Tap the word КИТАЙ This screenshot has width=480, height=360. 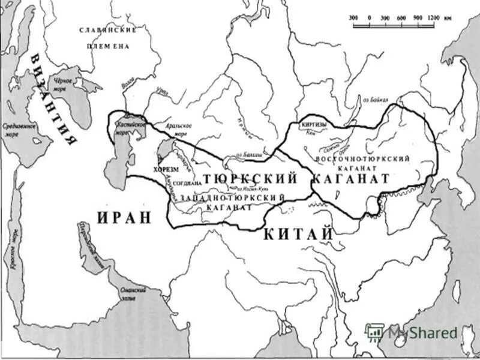pyautogui.click(x=298, y=234)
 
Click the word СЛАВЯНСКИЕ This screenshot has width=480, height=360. pyautogui.click(x=109, y=29)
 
